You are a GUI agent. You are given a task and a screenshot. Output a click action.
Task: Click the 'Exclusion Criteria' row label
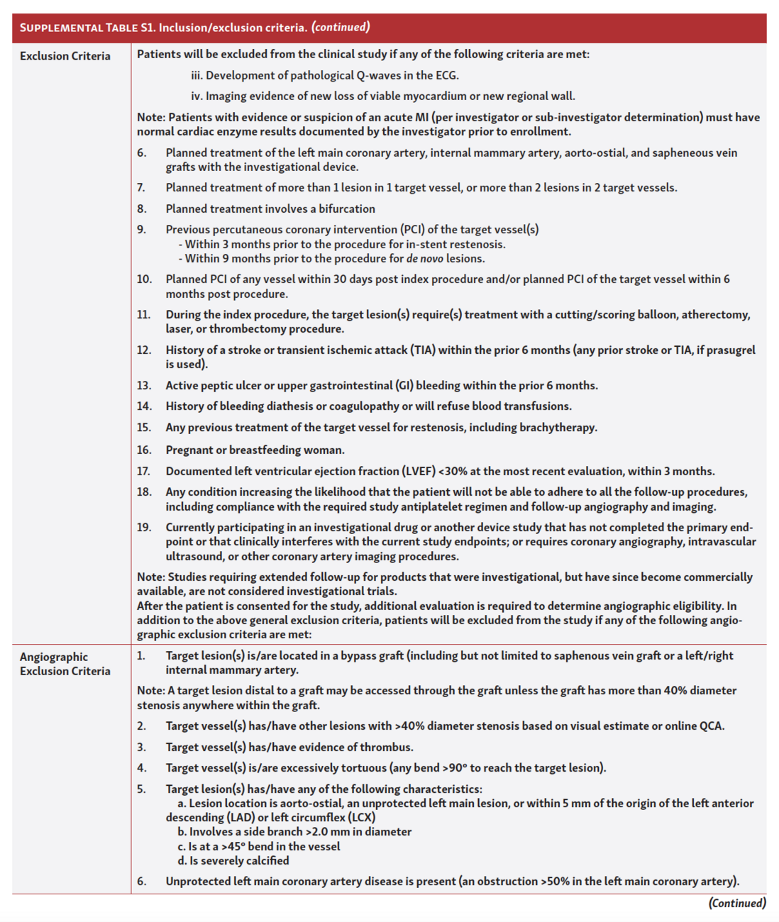(x=65, y=56)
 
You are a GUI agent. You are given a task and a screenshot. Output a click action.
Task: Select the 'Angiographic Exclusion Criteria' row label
(x=65, y=664)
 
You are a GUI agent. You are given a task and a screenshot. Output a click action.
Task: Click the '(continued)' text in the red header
(x=341, y=27)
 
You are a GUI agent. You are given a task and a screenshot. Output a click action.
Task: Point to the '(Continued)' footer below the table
(x=737, y=903)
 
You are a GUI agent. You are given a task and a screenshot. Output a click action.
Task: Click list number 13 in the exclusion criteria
(x=144, y=385)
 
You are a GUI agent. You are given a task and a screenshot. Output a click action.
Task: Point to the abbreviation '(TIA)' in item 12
(x=422, y=350)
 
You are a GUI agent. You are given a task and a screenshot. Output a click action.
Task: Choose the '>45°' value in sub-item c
(x=233, y=846)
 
